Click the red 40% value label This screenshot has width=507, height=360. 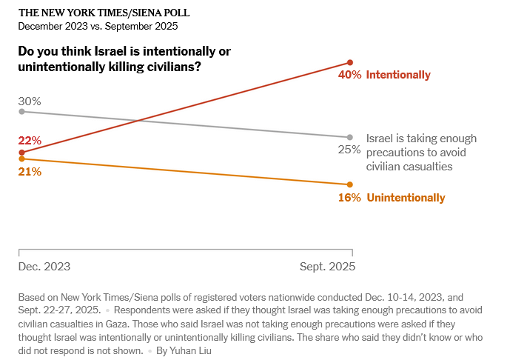(350, 75)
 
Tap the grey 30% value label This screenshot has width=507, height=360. (30, 101)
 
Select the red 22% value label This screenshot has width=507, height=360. (30, 141)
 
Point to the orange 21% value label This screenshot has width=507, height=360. (30, 172)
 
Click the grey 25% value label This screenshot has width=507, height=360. (350, 150)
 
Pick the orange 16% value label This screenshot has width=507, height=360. (350, 198)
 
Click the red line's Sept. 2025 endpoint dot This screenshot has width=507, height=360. (350, 62)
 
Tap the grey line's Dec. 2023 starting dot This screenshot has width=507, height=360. (21, 111)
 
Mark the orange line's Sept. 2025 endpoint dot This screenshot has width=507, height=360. (350, 184)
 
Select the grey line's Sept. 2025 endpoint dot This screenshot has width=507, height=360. (350, 137)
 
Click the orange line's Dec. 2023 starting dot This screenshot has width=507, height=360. (21, 159)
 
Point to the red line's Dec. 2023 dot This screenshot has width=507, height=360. (21, 152)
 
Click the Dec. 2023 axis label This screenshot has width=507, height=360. (44, 266)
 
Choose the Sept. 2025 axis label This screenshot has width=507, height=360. (327, 266)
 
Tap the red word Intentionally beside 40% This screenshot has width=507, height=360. (398, 75)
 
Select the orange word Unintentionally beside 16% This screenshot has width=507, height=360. (406, 198)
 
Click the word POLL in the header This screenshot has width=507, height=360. (171, 13)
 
